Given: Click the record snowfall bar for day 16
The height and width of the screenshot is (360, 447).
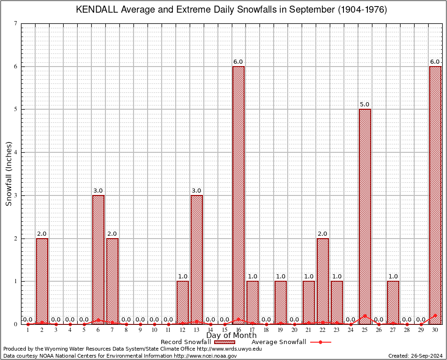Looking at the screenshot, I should click(x=238, y=195).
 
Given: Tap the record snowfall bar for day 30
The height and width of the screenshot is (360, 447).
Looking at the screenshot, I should click(x=435, y=195).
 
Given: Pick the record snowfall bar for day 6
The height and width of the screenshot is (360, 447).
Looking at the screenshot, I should click(x=98, y=259).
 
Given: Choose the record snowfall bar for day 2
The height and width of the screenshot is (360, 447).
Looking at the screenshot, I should click(x=42, y=281).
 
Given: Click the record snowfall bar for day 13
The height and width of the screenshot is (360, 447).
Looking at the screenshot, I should click(x=197, y=259).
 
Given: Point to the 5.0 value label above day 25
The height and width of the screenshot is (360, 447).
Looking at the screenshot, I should click(x=365, y=105).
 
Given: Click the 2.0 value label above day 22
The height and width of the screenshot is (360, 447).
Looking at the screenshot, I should click(x=323, y=234).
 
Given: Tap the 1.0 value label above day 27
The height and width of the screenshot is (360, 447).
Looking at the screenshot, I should click(x=393, y=277).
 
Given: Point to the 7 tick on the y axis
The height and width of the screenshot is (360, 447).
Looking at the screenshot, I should click(x=16, y=23).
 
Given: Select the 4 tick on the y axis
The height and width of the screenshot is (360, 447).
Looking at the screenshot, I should click(x=16, y=152).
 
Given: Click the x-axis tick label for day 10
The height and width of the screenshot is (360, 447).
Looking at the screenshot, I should click(x=154, y=330).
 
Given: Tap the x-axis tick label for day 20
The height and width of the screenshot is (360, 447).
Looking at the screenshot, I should click(x=295, y=330).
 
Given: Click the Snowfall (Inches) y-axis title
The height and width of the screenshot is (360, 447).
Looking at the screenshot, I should click(x=9, y=173).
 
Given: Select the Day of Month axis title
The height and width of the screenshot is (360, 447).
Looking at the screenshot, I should click(x=231, y=336).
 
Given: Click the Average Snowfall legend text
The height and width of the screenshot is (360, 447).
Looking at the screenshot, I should click(x=278, y=342).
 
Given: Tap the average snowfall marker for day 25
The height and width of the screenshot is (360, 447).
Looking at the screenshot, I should click(x=365, y=315).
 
